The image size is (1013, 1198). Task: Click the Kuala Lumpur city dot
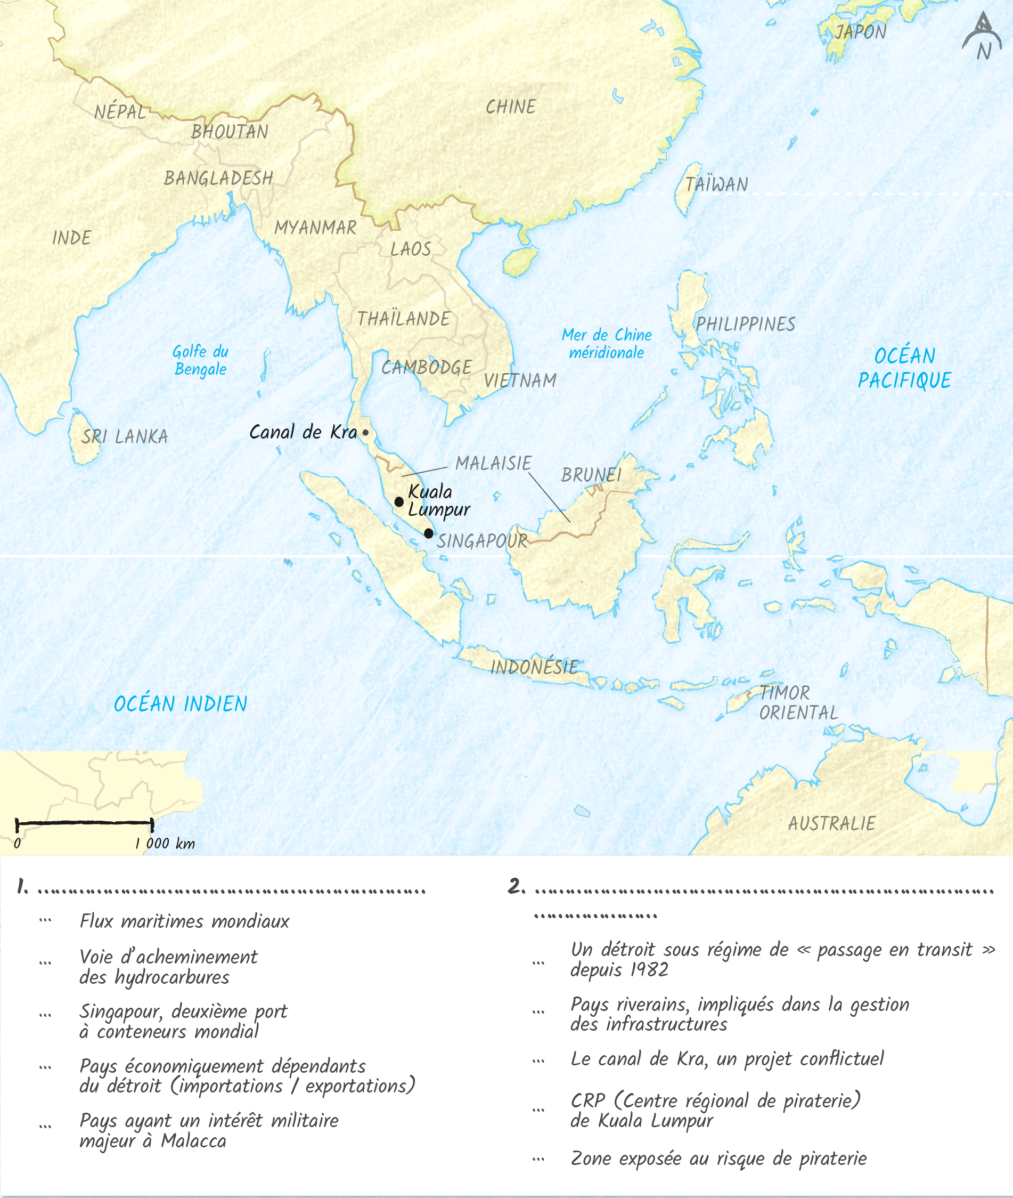click(x=399, y=501)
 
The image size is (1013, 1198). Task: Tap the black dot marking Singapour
click(x=428, y=533)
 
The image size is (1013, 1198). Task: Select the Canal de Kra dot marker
click(x=365, y=433)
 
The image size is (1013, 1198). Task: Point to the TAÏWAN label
click(x=717, y=184)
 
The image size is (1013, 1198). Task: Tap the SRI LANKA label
click(x=125, y=436)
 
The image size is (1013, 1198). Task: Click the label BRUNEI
click(x=591, y=475)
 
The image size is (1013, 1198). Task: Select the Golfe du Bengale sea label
click(x=200, y=360)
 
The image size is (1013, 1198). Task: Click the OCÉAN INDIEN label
click(x=181, y=704)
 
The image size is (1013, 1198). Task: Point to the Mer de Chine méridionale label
click(x=607, y=344)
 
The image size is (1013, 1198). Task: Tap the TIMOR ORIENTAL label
click(x=798, y=703)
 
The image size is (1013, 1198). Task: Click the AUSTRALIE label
click(x=831, y=823)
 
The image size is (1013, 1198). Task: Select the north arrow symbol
click(x=982, y=37)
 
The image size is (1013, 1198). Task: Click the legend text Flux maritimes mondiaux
click(x=184, y=921)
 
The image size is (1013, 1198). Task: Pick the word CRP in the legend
click(x=587, y=1100)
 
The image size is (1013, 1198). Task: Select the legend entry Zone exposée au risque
click(x=718, y=1159)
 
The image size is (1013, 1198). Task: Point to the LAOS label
click(x=411, y=249)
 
